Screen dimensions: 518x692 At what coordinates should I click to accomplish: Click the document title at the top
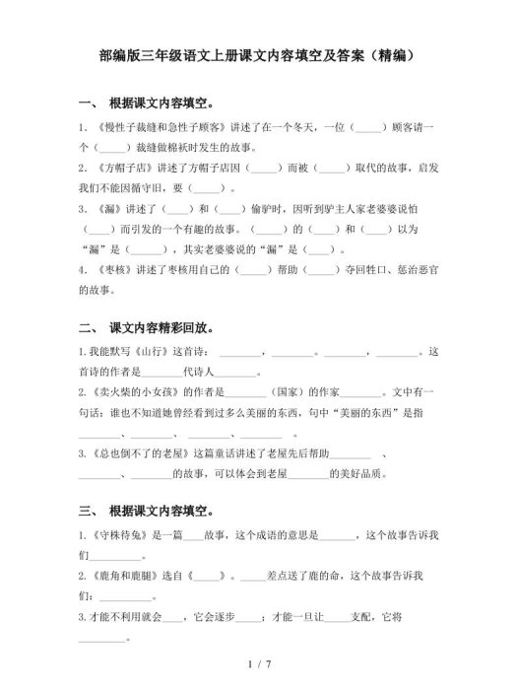(x=259, y=56)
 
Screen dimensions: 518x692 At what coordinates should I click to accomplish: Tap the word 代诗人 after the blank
(x=199, y=373)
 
